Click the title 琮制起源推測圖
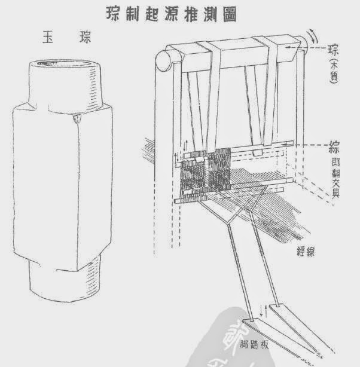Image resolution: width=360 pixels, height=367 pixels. coord(180,14)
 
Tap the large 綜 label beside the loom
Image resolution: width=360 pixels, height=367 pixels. coord(337,146)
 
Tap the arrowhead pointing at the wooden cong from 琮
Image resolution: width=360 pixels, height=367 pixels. coord(289,46)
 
